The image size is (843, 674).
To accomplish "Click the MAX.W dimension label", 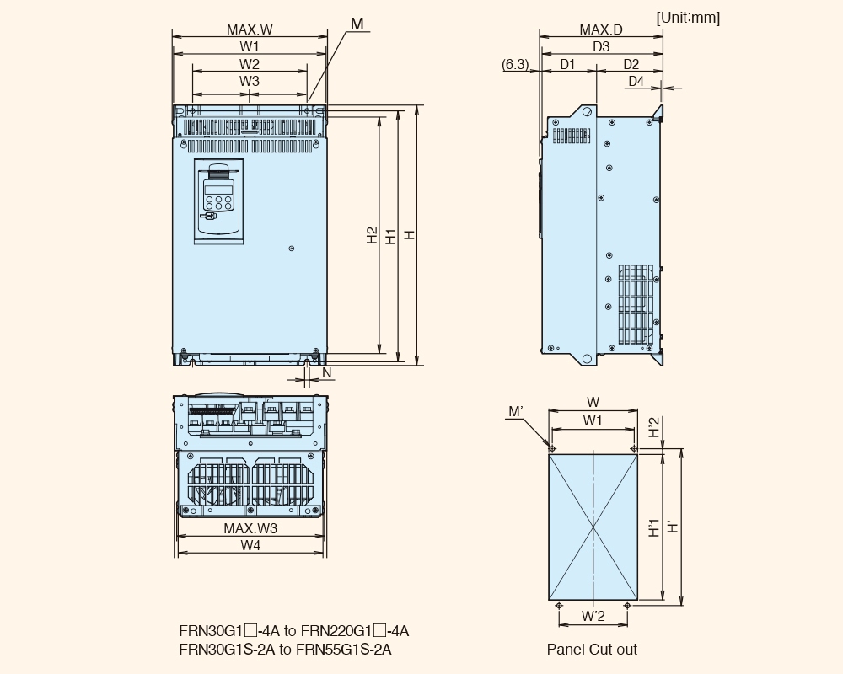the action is click(250, 29).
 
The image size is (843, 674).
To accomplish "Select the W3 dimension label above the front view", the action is click(250, 81).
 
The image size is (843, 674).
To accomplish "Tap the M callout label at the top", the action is click(357, 24).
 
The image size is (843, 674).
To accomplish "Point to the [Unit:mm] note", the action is click(688, 18).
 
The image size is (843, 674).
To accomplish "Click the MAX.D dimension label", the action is click(601, 29).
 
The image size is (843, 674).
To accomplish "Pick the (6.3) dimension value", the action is click(515, 65).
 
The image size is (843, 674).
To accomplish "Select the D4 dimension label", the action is click(636, 81).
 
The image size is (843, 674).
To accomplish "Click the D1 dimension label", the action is click(567, 65).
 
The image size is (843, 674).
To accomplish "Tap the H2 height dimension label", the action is click(372, 235).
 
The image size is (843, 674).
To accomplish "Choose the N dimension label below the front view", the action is click(327, 372).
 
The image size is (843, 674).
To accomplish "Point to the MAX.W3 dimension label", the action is click(250, 528).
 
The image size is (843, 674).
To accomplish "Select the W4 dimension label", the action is click(250, 545).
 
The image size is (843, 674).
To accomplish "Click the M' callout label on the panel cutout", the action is click(516, 412).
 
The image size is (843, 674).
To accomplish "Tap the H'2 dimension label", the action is click(654, 428).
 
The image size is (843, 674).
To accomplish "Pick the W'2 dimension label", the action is click(593, 616).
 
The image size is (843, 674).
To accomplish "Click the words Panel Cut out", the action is click(592, 650).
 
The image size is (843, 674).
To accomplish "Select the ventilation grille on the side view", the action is click(636, 304).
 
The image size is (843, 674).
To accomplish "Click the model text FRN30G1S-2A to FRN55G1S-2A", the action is click(286, 650).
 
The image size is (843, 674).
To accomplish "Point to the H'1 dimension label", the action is click(654, 527).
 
